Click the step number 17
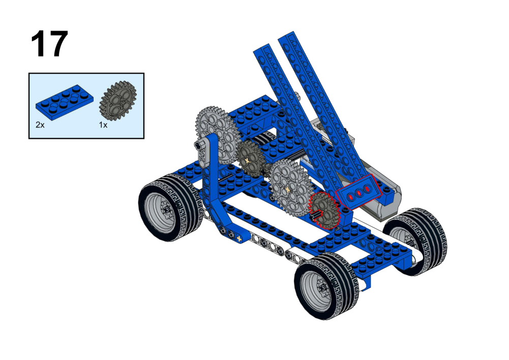click(49, 44)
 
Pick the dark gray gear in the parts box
click(118, 101)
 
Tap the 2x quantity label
click(40, 125)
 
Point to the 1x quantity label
click(103, 125)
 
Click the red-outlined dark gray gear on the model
click(323, 210)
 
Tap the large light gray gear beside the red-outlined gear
click(289, 189)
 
